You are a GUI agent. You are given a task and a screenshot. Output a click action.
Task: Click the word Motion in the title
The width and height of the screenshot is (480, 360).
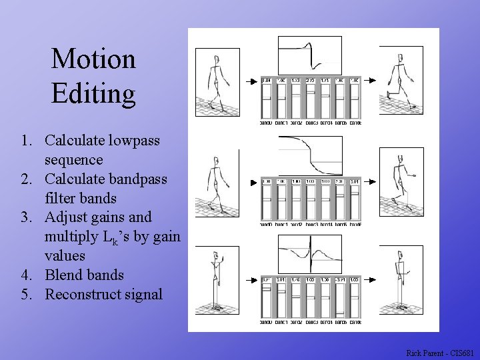(93, 59)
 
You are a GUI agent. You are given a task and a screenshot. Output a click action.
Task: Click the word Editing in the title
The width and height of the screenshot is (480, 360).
(93, 93)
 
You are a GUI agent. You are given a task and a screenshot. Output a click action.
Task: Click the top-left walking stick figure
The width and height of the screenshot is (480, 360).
(217, 81)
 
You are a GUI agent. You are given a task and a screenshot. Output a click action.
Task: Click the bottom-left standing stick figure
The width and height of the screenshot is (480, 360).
(217, 280)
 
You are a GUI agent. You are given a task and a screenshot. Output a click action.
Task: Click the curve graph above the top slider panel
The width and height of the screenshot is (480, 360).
(309, 55)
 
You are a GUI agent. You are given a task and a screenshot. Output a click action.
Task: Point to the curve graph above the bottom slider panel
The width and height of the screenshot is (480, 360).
(309, 254)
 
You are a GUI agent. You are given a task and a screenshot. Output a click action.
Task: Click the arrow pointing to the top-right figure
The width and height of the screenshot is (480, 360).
(371, 82)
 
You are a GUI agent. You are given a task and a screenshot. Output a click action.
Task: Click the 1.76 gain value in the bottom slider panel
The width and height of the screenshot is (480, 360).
(295, 280)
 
